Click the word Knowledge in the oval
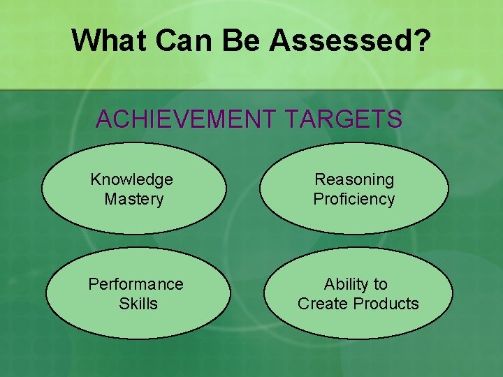pyautogui.click(x=131, y=179)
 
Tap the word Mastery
pyautogui.click(x=133, y=199)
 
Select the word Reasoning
pyautogui.click(x=354, y=179)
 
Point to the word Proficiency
pyautogui.click(x=354, y=199)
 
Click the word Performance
pyautogui.click(x=136, y=284)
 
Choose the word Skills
pyautogui.click(x=138, y=304)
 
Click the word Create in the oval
pyautogui.click(x=323, y=304)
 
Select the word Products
pyautogui.click(x=386, y=304)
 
